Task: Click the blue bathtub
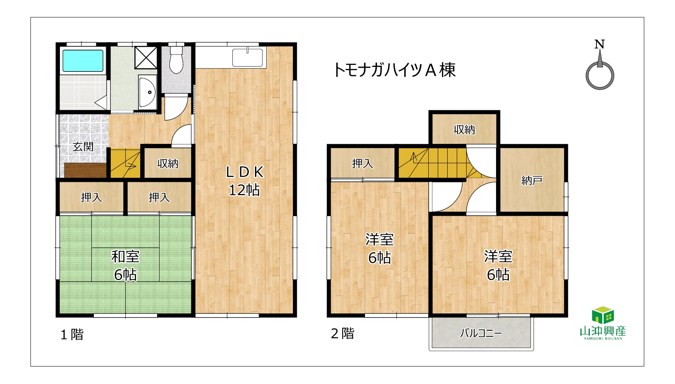[83, 61]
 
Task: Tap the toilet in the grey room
[176, 59]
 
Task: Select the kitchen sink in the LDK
[248, 57]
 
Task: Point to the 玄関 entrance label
[83, 147]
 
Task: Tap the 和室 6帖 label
[125, 265]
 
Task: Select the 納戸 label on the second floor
[532, 181]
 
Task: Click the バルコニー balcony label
[481, 333]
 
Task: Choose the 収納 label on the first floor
[168, 163]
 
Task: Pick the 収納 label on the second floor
[464, 130]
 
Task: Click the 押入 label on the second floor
[363, 163]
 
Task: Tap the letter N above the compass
[599, 44]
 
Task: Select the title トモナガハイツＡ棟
[395, 70]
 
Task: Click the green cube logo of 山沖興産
[603, 315]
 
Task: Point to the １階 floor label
[72, 334]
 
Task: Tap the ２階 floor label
[343, 333]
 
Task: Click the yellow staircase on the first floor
[125, 163]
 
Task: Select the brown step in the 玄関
[86, 171]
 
